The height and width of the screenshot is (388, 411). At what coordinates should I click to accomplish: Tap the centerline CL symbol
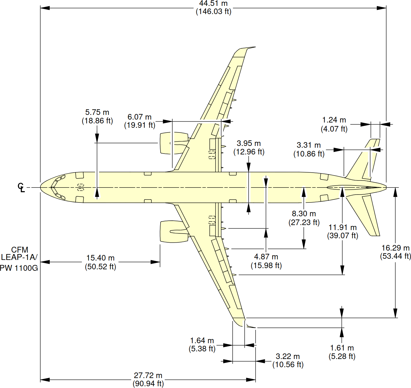[21, 188]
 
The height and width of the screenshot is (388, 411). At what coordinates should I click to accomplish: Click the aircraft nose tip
[41, 187]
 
